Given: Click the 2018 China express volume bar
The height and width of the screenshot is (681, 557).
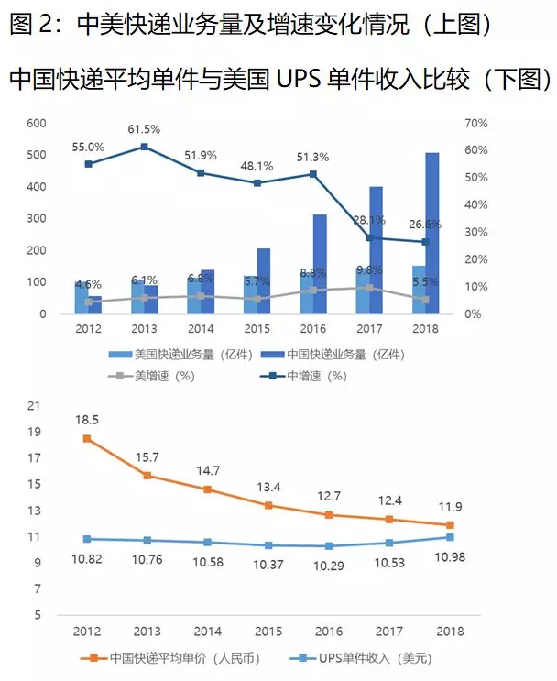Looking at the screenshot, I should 431,233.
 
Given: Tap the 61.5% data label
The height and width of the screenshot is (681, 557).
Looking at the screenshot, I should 144,130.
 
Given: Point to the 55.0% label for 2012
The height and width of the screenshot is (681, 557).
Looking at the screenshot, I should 88,147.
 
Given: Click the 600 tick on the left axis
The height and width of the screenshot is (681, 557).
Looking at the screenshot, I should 37,123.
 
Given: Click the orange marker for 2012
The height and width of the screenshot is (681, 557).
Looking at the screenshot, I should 87,438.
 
